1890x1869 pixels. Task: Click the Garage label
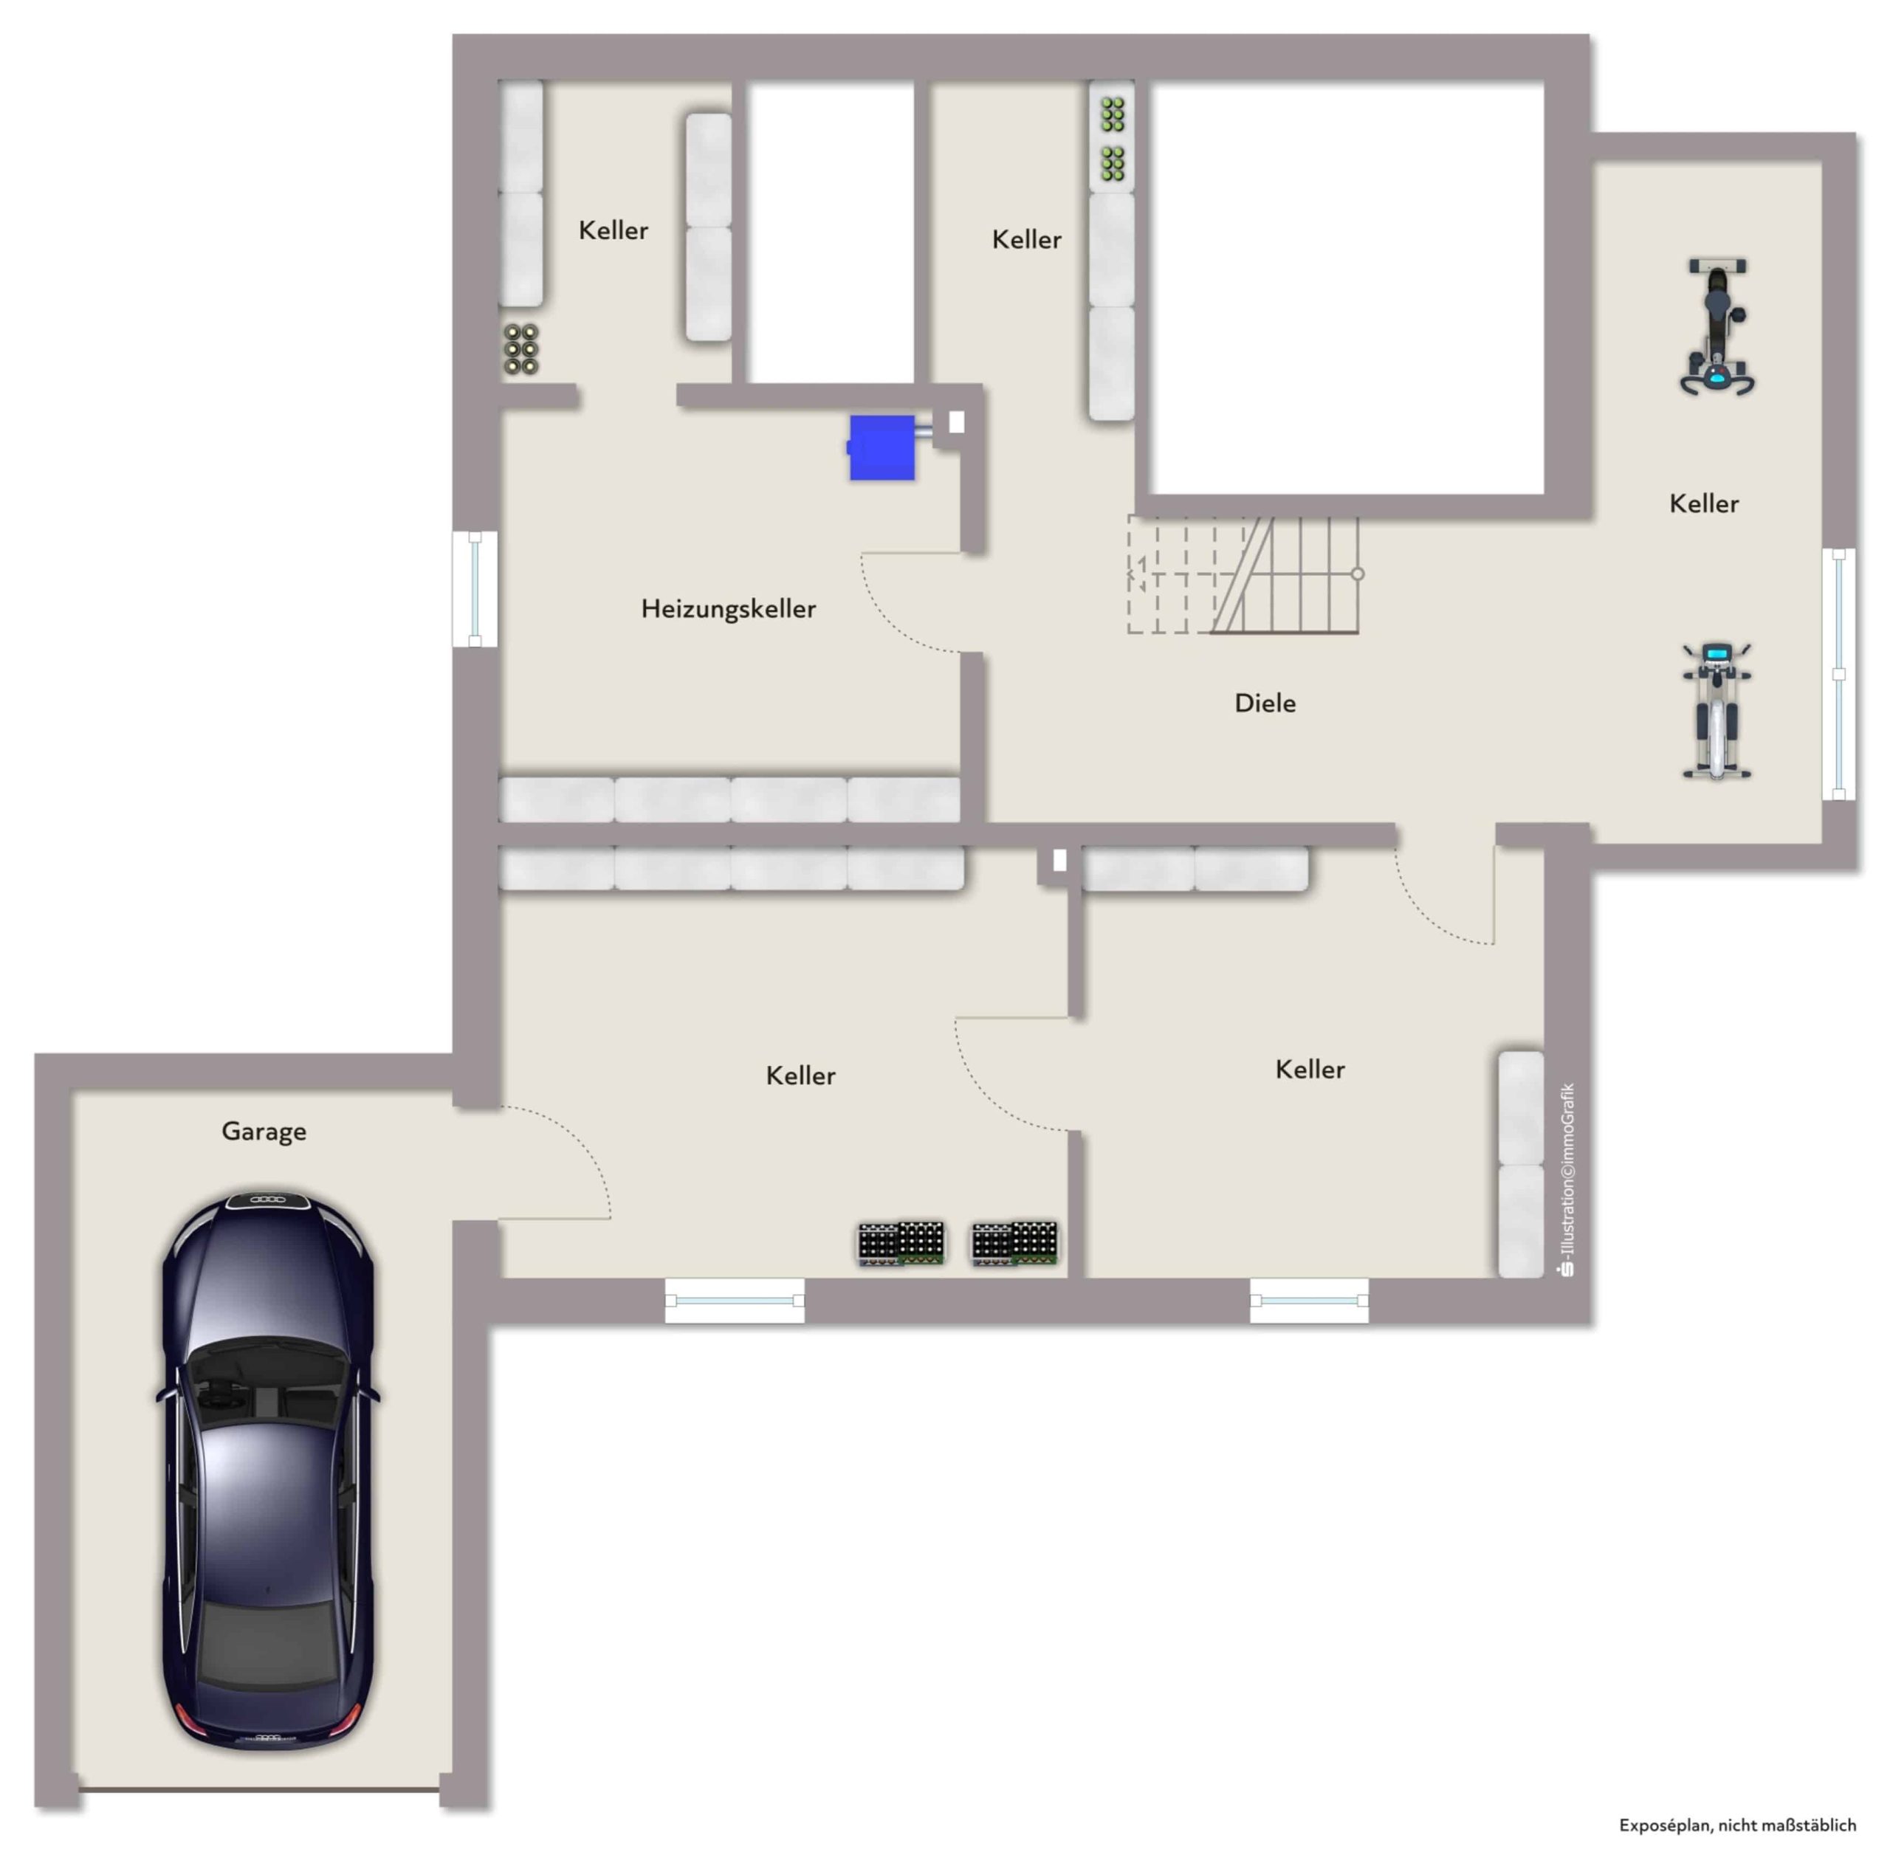(x=264, y=1132)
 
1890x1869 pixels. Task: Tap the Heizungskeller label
(x=728, y=609)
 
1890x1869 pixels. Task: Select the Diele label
(x=1264, y=703)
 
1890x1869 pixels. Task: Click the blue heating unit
(x=882, y=448)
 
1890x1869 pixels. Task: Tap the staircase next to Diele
(x=1244, y=575)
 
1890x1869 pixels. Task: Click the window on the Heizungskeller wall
(x=475, y=590)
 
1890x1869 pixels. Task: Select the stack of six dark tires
(x=520, y=349)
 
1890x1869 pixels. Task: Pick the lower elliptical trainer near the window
(x=1717, y=711)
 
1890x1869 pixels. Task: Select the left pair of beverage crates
(x=901, y=1243)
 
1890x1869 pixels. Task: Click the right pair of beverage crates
(x=1014, y=1243)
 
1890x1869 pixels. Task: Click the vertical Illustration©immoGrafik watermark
(x=1568, y=1180)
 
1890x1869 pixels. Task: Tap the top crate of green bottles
(x=1113, y=115)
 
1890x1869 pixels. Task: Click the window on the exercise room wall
(x=1838, y=675)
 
